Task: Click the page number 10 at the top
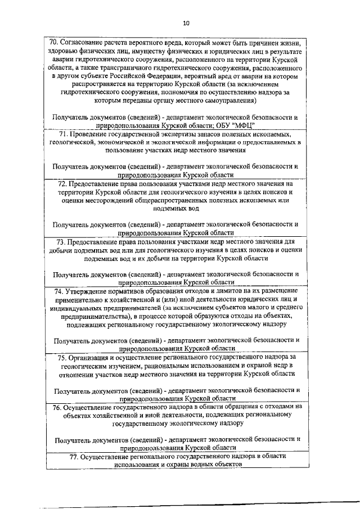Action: point(186,23)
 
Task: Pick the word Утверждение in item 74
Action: point(90,290)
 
